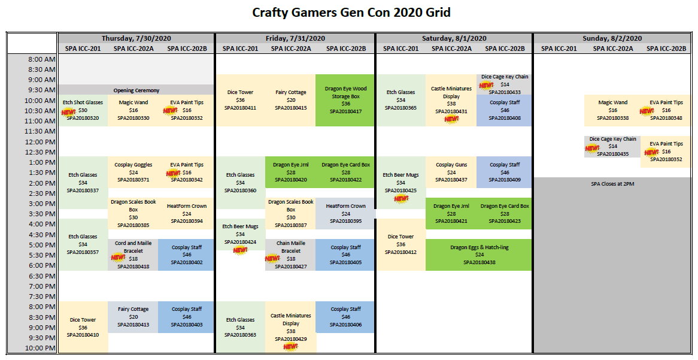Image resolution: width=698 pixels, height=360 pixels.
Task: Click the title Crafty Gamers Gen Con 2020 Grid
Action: pos(351,13)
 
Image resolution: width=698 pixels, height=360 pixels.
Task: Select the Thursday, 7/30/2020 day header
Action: pos(136,38)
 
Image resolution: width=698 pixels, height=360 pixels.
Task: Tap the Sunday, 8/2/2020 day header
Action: pos(612,38)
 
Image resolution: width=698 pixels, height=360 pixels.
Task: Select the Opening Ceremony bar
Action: pos(136,90)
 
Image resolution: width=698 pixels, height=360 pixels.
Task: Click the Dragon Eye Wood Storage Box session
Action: pos(345,100)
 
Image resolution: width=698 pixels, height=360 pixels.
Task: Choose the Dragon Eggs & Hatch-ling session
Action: pos(479,255)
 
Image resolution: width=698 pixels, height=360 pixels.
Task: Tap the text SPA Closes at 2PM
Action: pos(612,183)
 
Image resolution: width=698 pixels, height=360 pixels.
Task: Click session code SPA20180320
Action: pos(83,118)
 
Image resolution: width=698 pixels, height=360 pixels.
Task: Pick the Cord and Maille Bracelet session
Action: pos(133,255)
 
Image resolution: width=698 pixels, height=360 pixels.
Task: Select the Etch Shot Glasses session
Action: pos(83,110)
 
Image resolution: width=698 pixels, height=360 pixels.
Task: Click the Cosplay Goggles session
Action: pos(133,173)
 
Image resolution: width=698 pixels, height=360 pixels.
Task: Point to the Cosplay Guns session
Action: pos(451,173)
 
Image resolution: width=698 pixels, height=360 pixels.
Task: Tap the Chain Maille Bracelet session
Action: pos(291,255)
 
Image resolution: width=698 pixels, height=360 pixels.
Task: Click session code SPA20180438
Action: pos(479,262)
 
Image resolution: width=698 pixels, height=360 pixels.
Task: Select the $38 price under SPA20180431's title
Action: pos(451,104)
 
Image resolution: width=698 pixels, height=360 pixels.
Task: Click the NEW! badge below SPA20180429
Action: pos(291,347)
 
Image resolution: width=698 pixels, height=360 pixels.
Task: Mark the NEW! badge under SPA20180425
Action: pos(400,199)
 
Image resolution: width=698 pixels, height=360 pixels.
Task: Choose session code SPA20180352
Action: pos(666,159)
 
